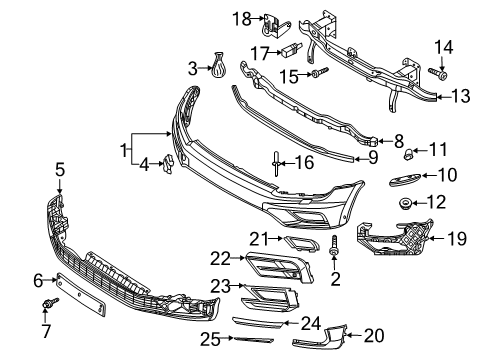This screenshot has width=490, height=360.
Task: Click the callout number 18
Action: [x=242, y=19]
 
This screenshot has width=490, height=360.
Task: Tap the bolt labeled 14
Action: [x=438, y=73]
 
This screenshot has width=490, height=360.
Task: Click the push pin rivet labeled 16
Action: [x=276, y=163]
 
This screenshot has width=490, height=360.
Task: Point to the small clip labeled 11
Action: [x=408, y=154]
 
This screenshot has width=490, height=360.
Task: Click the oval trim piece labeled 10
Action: [x=405, y=179]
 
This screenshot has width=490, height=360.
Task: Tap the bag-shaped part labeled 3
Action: [x=217, y=66]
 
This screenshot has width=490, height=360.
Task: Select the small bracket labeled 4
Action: [x=168, y=163]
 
